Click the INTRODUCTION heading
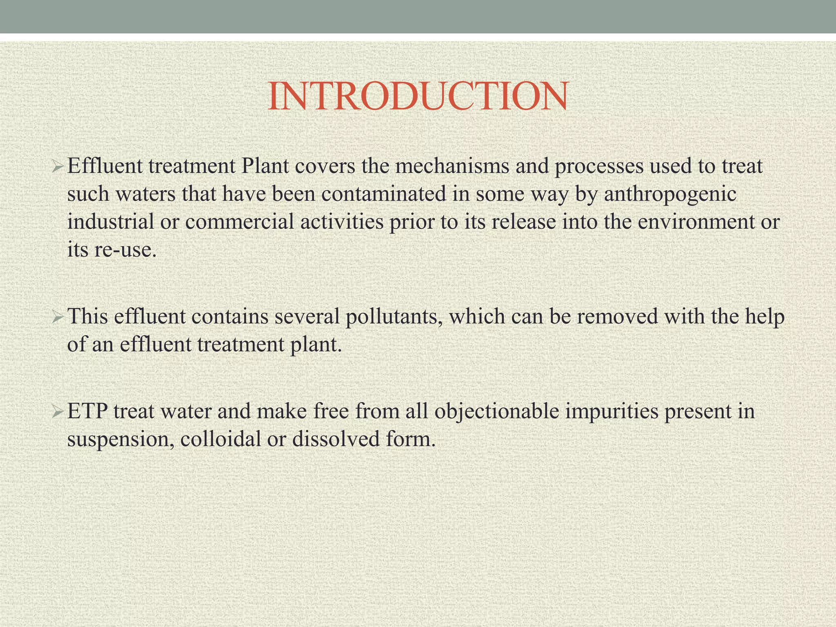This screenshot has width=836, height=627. [417, 96]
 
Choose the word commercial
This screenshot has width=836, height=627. [240, 222]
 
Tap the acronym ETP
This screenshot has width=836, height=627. [87, 411]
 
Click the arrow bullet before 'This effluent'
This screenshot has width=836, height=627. [58, 317]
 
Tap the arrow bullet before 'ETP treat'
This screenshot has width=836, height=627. [58, 412]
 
